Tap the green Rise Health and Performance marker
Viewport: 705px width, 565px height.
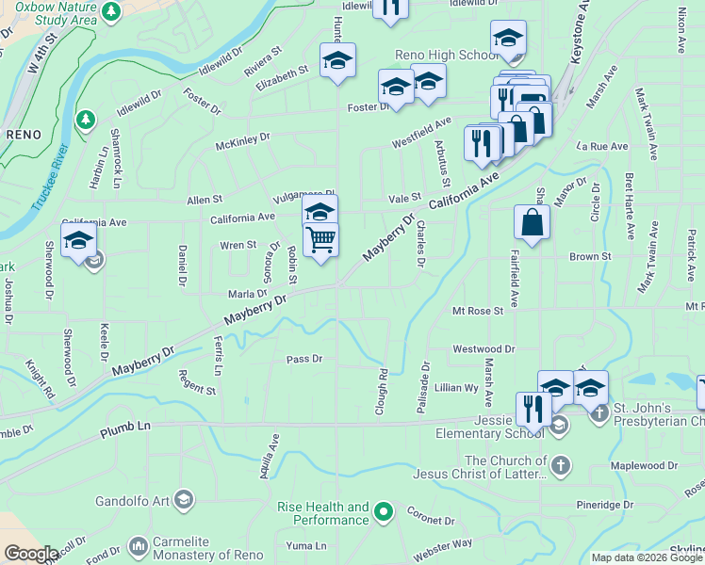(x=383, y=513)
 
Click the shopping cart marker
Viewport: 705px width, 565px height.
(x=320, y=241)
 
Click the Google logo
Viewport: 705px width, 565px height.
(x=31, y=555)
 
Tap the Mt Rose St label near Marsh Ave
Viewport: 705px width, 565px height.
(x=478, y=310)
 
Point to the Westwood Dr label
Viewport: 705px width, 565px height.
(x=484, y=348)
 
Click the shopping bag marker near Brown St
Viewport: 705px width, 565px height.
(x=532, y=222)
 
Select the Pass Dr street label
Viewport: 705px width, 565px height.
(x=304, y=359)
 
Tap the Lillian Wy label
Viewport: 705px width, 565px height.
(x=456, y=387)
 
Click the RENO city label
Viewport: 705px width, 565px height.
(x=24, y=135)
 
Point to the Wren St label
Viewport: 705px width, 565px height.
(x=238, y=245)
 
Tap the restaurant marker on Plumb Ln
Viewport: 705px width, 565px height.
(x=533, y=410)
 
